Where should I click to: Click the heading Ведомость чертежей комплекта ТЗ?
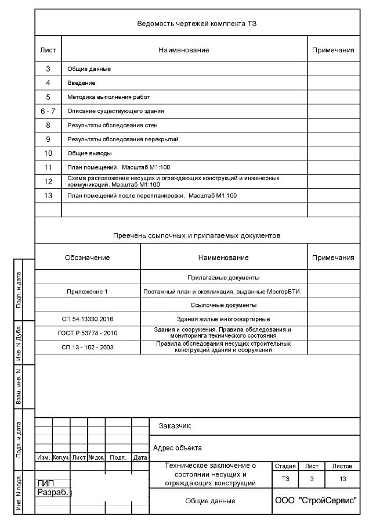tap(197, 24)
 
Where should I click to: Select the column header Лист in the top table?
tap(48, 51)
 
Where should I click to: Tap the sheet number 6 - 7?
tap(48, 111)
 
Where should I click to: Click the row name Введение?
tap(81, 83)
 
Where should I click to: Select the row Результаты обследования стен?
tap(112, 125)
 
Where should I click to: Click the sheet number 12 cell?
tap(48, 181)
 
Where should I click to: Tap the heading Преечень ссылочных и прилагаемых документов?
tap(197, 236)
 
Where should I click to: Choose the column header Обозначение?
tap(87, 257)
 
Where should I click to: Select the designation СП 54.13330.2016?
tap(87, 319)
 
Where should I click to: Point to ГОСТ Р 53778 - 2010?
tap(87, 333)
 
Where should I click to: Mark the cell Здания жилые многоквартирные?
tap(223, 319)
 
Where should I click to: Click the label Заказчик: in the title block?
tap(175, 426)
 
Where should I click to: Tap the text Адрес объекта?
tap(177, 448)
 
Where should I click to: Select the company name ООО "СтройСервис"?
tap(316, 501)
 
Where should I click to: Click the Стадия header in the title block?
tap(285, 466)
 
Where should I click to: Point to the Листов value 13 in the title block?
tap(342, 479)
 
